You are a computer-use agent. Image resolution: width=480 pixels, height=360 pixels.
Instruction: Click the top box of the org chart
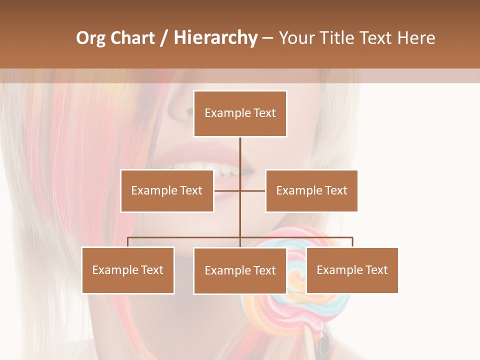tap(240, 113)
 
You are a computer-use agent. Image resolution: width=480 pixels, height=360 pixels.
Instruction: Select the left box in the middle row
tap(167, 190)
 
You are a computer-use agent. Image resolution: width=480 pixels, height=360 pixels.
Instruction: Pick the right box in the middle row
tap(311, 190)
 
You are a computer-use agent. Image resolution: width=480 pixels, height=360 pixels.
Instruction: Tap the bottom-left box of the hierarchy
tap(128, 270)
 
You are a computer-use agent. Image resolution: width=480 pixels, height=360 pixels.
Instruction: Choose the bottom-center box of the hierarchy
tap(240, 270)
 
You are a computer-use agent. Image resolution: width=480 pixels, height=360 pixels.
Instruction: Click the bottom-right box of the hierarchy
tap(352, 270)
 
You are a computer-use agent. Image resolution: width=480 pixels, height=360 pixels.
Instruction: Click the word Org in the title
tap(90, 38)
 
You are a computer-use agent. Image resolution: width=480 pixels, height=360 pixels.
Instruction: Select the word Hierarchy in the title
tap(215, 38)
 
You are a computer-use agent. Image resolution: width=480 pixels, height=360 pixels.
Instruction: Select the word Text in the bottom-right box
tap(376, 270)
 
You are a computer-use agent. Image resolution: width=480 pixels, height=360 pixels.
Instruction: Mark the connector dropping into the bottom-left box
tap(128, 242)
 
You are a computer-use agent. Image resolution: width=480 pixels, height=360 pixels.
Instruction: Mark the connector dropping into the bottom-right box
tap(352, 242)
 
